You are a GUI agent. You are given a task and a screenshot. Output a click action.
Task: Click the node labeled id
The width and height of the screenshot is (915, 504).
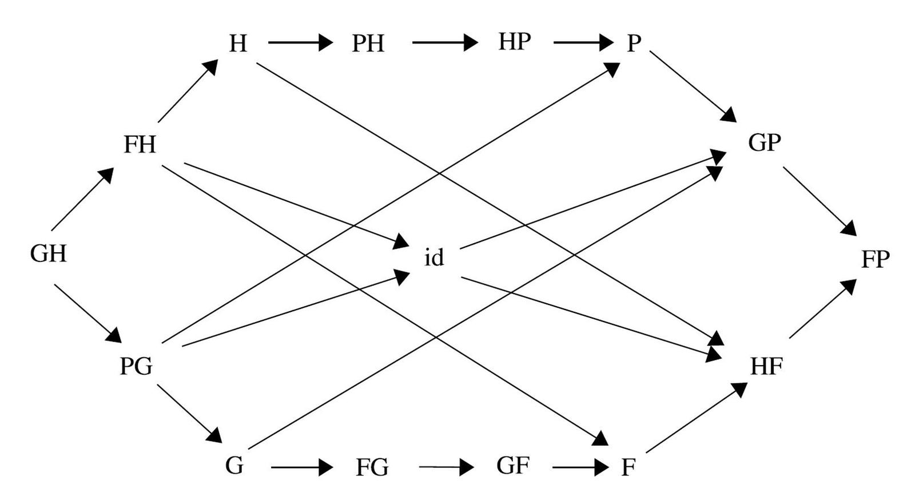click(434, 258)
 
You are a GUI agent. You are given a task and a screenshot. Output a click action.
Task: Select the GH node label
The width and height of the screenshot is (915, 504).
click(49, 253)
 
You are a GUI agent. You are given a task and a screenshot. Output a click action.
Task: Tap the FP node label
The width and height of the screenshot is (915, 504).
click(875, 259)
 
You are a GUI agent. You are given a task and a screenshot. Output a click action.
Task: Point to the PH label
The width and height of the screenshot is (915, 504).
click(368, 43)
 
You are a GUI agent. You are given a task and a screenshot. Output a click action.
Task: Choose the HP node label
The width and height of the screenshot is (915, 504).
click(514, 42)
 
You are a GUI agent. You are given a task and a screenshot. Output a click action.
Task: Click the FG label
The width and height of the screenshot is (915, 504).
click(372, 468)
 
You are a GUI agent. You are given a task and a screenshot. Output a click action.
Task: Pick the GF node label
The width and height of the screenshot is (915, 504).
click(512, 466)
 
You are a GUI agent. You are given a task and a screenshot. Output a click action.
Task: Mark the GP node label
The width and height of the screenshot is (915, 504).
click(764, 142)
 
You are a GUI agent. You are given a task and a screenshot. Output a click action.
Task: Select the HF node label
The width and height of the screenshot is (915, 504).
click(766, 366)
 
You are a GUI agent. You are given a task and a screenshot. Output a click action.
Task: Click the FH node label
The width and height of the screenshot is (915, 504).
click(140, 145)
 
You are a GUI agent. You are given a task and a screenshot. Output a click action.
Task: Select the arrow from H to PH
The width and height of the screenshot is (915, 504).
click(300, 42)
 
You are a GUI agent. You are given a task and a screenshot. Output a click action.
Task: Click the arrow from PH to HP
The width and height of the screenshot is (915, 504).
click(444, 42)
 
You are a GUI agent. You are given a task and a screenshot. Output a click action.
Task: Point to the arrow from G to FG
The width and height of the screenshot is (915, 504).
click(301, 468)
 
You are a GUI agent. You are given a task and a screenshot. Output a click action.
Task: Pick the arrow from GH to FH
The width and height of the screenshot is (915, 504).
click(82, 199)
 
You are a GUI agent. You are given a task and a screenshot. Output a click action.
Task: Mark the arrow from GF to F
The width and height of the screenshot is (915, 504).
click(580, 467)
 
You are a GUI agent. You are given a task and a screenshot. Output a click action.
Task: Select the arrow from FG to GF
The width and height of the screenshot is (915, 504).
click(446, 467)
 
